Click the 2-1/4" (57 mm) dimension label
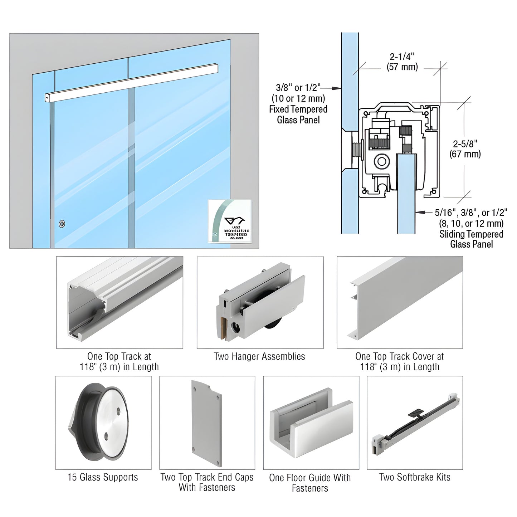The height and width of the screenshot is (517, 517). point(402,62)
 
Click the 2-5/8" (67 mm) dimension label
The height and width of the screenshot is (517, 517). point(465,149)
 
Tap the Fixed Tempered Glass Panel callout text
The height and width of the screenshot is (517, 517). point(298,104)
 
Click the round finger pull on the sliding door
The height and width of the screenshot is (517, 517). point(62,224)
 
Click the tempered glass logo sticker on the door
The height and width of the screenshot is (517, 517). point(229,221)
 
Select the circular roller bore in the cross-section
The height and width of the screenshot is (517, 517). point(381,161)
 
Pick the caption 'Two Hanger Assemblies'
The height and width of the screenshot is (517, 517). point(259,356)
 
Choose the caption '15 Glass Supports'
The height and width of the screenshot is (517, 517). point(103,477)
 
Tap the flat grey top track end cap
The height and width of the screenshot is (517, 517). point(207,423)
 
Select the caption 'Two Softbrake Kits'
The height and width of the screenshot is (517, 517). point(414,477)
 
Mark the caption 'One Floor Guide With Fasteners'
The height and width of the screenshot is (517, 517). point(310,483)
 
